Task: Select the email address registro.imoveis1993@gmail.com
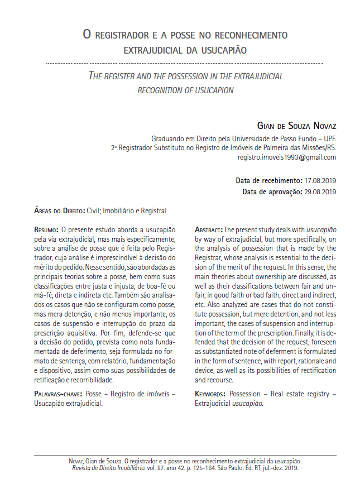[x=287, y=157]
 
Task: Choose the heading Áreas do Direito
[x=59, y=211]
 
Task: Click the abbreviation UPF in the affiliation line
[x=329, y=138]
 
